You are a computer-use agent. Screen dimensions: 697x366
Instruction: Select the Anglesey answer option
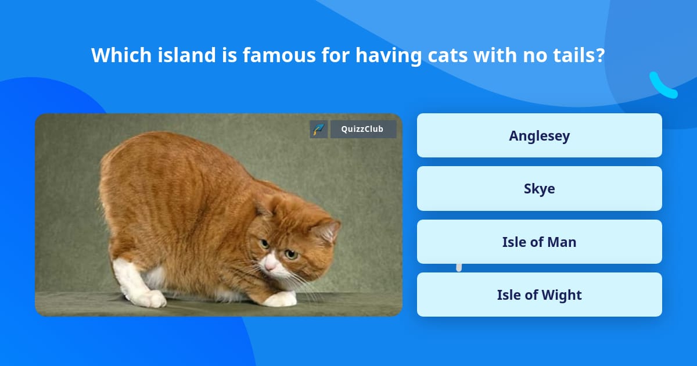[539, 135]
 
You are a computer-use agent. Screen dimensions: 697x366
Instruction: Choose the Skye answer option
[539, 189]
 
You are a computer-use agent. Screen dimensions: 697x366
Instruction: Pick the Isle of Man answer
[539, 242]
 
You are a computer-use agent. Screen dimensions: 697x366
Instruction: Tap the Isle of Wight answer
[539, 295]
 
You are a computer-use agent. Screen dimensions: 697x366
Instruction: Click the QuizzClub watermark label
[363, 129]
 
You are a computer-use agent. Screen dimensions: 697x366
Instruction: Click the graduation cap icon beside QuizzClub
[319, 129]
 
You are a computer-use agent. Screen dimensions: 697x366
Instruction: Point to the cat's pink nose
[270, 265]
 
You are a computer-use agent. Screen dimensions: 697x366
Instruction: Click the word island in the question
[186, 55]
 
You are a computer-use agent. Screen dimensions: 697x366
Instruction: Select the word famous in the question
[279, 55]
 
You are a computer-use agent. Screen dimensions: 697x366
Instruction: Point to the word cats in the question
[448, 55]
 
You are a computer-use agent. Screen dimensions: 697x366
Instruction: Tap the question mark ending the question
[601, 55]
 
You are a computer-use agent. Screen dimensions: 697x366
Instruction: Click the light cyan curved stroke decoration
[662, 87]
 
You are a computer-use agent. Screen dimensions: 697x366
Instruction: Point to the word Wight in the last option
[562, 295]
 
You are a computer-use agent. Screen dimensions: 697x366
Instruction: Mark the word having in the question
[389, 56]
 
